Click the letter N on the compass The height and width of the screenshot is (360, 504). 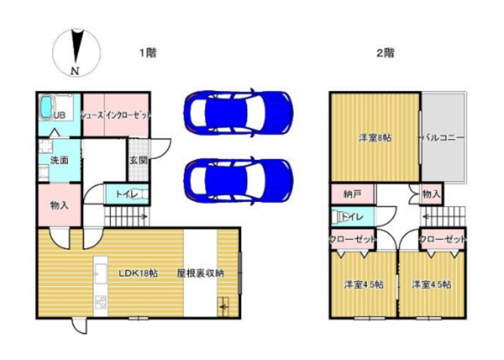click(x=75, y=71)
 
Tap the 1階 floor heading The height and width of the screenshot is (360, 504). click(x=148, y=52)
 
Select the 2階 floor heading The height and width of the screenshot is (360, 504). click(x=385, y=52)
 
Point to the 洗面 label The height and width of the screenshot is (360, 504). click(x=59, y=160)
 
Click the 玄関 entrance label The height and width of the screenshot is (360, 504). click(x=139, y=160)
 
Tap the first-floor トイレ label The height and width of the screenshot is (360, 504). click(x=127, y=195)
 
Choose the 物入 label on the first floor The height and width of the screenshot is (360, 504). click(x=59, y=206)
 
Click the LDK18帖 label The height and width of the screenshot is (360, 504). click(x=138, y=274)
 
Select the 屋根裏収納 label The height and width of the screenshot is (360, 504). click(x=200, y=273)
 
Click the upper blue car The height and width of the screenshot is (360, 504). click(x=238, y=112)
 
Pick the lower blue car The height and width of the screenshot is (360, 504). click(x=238, y=181)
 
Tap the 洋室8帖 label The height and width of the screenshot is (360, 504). click(x=375, y=138)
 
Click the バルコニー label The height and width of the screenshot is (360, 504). click(x=443, y=138)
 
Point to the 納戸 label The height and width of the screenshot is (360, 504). click(x=353, y=194)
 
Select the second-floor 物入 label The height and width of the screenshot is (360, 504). click(x=431, y=194)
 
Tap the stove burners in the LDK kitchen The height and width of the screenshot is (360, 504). click(x=101, y=302)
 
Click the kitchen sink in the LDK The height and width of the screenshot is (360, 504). click(x=101, y=273)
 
